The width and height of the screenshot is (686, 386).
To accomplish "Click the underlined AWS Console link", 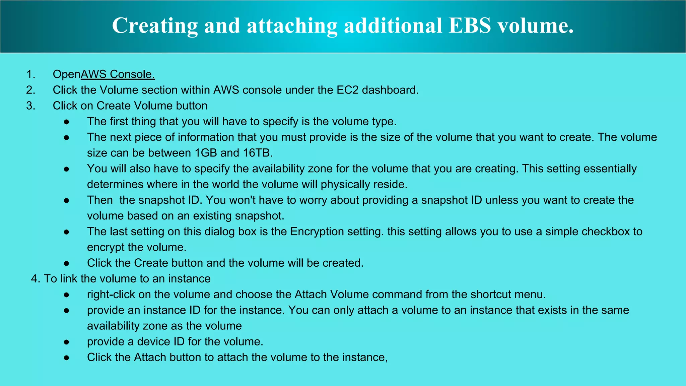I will pyautogui.click(x=118, y=74).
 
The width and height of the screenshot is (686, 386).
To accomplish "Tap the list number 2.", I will pyautogui.click(x=30, y=90).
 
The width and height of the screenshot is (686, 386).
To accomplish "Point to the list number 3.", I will pyautogui.click(x=30, y=106).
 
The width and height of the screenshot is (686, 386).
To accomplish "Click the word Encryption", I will pyautogui.click(x=317, y=232).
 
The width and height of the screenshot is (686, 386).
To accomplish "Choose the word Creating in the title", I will pyautogui.click(x=155, y=25).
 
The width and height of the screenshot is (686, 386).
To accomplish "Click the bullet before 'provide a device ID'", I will pyautogui.click(x=67, y=342).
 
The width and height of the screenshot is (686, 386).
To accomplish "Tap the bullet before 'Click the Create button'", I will pyautogui.click(x=67, y=263).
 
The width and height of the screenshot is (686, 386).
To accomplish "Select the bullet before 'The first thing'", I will pyautogui.click(x=67, y=122).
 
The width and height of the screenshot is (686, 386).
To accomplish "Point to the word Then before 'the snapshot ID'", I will pyautogui.click(x=100, y=200).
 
